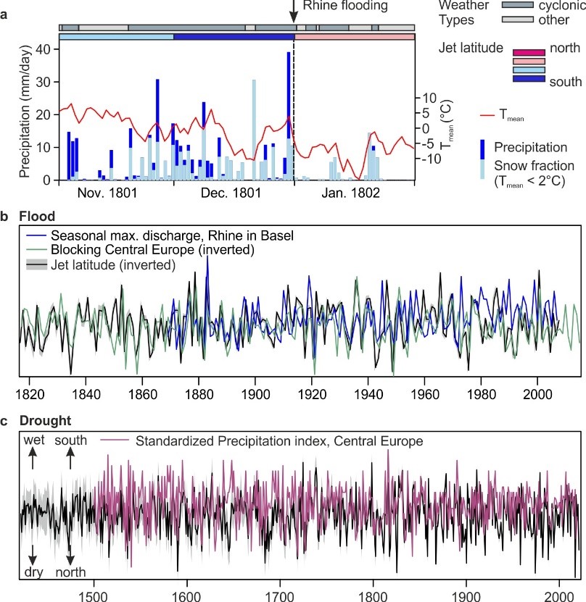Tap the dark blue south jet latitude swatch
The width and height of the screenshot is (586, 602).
(x=533, y=78)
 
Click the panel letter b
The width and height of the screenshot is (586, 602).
(x=5, y=216)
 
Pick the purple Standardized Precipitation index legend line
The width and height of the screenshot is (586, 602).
(x=110, y=440)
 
